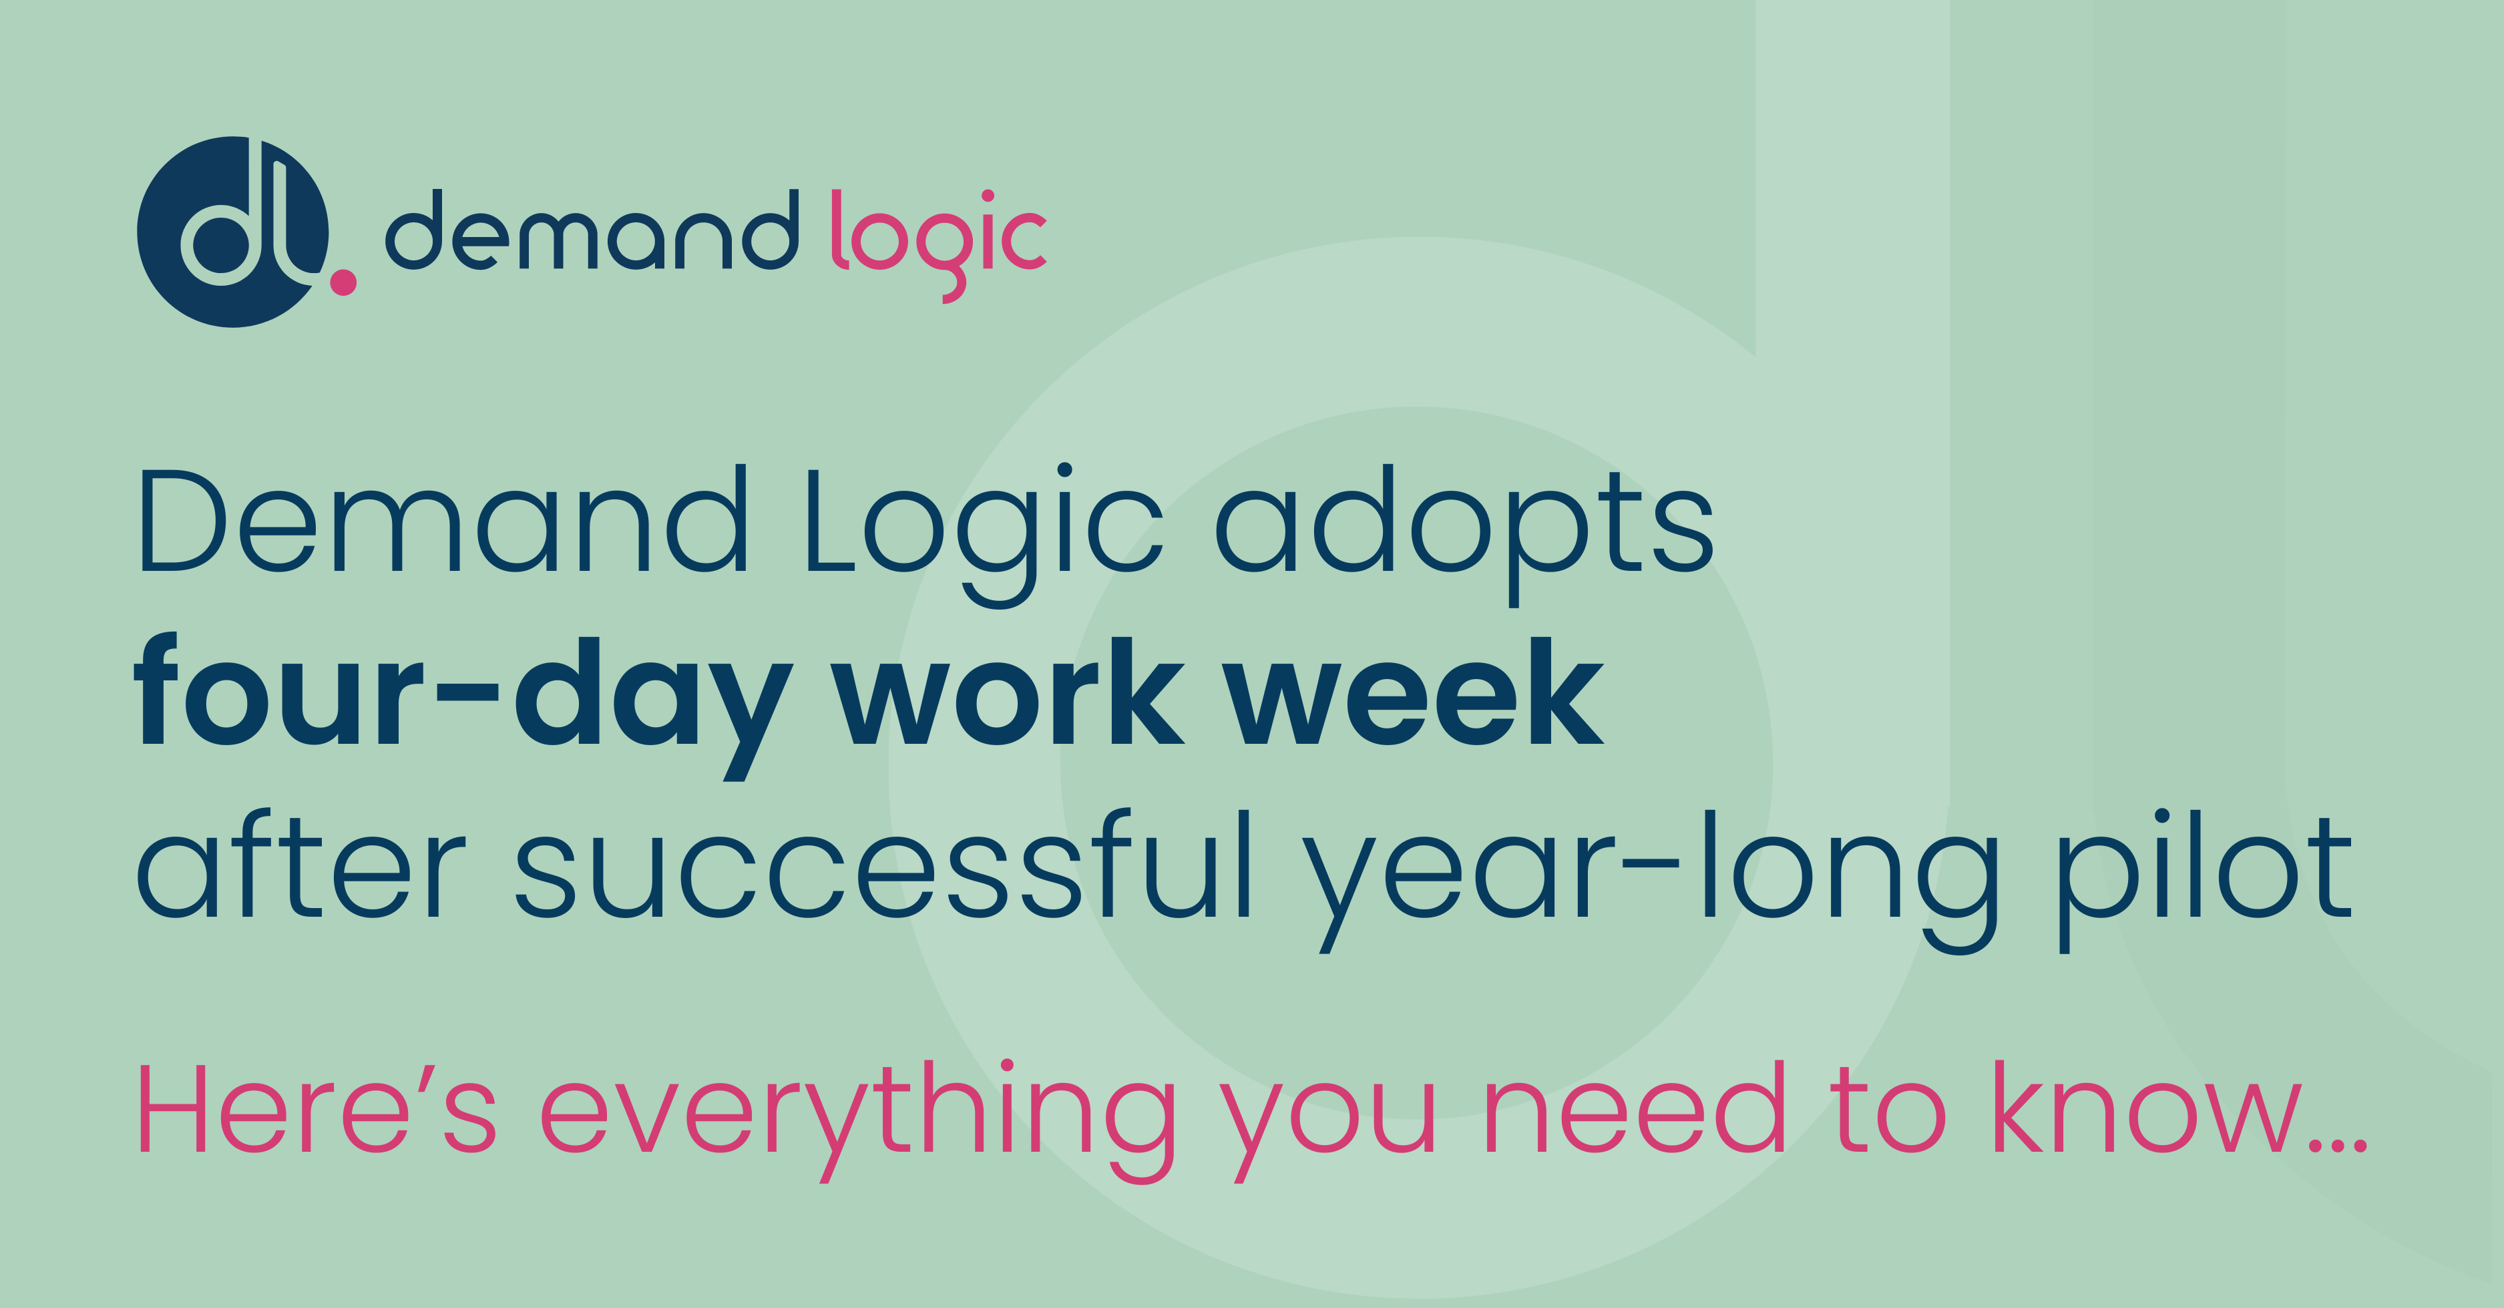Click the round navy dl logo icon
click(x=233, y=231)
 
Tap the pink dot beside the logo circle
click(x=343, y=282)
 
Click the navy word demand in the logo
click(x=593, y=230)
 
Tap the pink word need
click(x=1635, y=1107)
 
